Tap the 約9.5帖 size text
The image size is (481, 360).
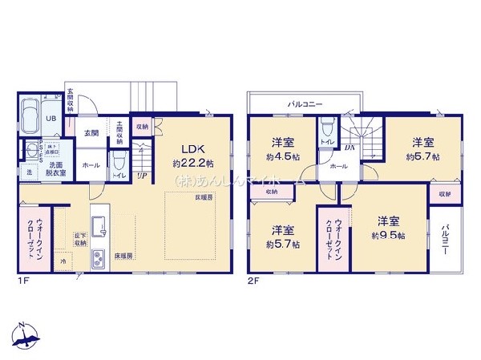(387, 236)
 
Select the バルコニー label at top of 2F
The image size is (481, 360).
(305, 104)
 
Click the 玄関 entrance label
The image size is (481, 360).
(89, 133)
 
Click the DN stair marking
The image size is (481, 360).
(350, 148)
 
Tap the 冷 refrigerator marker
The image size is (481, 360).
(63, 261)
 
